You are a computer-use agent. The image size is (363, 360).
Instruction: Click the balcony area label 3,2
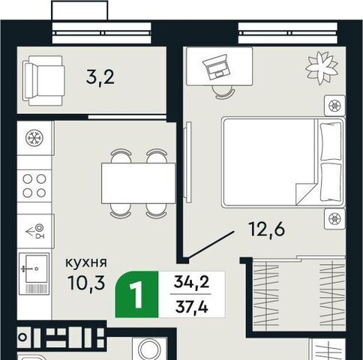click(x=100, y=77)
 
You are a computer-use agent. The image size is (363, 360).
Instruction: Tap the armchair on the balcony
click(x=43, y=80)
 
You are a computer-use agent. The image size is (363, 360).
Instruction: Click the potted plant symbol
click(x=322, y=67)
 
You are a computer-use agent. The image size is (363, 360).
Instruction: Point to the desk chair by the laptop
click(x=222, y=91)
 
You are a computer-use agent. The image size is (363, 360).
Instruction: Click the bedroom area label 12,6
click(x=266, y=229)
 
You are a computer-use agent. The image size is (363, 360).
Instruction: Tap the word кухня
click(x=86, y=262)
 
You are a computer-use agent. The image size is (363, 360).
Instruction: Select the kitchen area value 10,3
click(x=86, y=283)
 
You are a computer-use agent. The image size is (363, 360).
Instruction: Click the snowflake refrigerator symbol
click(x=34, y=138)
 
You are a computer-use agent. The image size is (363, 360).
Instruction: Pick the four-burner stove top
click(x=34, y=186)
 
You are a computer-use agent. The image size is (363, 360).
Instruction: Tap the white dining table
click(x=138, y=183)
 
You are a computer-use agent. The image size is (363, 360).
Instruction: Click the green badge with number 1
click(x=136, y=294)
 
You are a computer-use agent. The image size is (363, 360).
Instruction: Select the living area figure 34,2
click(x=191, y=282)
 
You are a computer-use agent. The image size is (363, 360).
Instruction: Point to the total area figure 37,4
click(x=191, y=307)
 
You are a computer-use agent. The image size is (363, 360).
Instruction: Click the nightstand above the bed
click(x=334, y=106)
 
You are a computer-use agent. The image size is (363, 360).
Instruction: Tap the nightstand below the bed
click(x=334, y=219)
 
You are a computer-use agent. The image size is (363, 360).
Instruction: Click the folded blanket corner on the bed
click(x=305, y=193)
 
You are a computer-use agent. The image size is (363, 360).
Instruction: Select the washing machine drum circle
click(x=149, y=349)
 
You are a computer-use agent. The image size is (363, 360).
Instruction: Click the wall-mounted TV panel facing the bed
click(x=187, y=160)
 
